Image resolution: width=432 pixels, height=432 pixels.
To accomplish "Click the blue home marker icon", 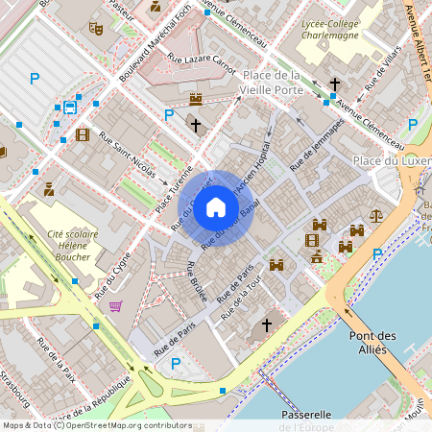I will (x=216, y=207).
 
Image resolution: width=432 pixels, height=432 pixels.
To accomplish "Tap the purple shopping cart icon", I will (x=116, y=306).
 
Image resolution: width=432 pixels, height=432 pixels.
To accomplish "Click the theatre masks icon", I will (x=95, y=29).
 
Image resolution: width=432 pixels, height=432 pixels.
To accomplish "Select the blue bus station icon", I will (x=70, y=108).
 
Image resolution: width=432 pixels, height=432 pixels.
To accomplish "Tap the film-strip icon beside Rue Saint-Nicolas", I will (x=83, y=135).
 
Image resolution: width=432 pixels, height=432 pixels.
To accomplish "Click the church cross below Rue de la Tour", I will (x=267, y=325).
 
